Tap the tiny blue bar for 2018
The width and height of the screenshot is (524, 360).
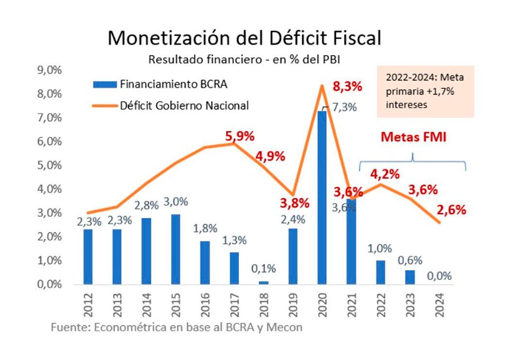tap(263, 282)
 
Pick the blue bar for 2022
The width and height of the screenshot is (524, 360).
tap(380, 272)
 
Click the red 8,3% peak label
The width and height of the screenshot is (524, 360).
tap(347, 87)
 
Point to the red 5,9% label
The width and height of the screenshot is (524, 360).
tap(240, 136)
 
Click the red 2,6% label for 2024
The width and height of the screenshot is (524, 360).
tap(451, 210)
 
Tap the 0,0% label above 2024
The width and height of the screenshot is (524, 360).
tap(439, 276)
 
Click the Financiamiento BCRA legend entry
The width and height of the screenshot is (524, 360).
tap(160, 84)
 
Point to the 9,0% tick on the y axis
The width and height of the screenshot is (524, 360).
tap(49, 70)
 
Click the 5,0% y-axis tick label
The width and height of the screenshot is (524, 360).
tap(49, 165)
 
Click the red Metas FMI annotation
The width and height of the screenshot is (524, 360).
tap(413, 137)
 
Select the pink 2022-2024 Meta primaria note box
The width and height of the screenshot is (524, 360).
tap(425, 91)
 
